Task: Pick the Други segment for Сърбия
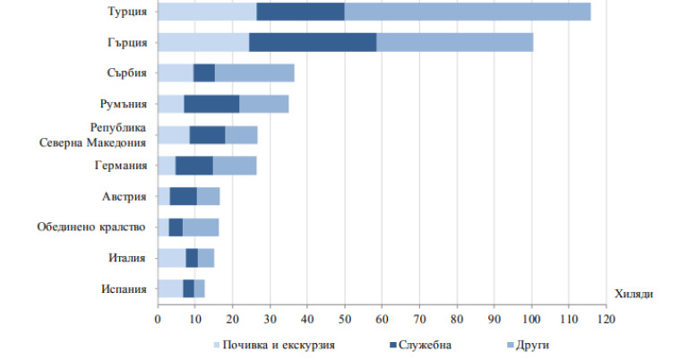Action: [254, 73]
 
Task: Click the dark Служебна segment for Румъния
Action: [211, 104]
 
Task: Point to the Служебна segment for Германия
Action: [194, 166]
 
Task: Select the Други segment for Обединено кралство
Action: [201, 227]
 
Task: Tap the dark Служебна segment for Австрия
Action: [184, 196]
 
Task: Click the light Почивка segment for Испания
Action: [170, 288]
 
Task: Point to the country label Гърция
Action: [125, 42]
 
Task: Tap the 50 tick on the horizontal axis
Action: [345, 318]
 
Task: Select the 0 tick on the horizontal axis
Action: [158, 318]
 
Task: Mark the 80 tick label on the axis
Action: [457, 318]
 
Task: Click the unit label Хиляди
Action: [634, 294]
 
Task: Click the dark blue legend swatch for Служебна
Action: [394, 344]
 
